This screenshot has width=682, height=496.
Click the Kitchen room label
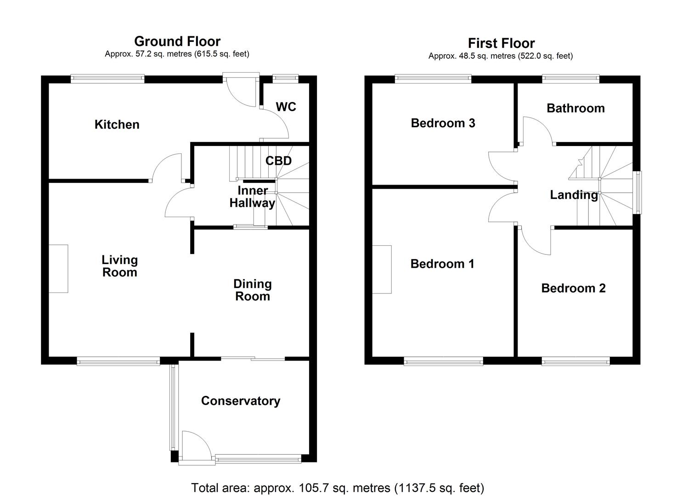[x=117, y=124]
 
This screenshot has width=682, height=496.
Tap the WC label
[x=286, y=107]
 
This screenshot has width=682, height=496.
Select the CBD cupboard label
[x=278, y=161]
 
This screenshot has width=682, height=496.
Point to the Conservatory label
[x=240, y=401]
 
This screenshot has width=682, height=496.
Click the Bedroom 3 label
[x=443, y=123]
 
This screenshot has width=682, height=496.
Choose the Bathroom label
[x=575, y=108]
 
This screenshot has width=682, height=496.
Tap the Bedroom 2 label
[x=573, y=288]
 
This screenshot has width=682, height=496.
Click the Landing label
[x=574, y=195]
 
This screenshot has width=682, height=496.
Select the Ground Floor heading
[x=177, y=41]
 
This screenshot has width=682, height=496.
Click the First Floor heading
[x=501, y=43]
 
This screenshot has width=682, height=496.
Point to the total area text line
[x=338, y=487]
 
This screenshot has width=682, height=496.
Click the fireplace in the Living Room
[x=59, y=269]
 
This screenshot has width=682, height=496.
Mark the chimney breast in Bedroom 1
[x=382, y=270]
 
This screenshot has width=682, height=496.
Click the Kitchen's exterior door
[x=241, y=91]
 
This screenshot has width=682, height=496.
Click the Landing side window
[x=637, y=192]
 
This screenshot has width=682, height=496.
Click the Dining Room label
[x=252, y=290]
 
